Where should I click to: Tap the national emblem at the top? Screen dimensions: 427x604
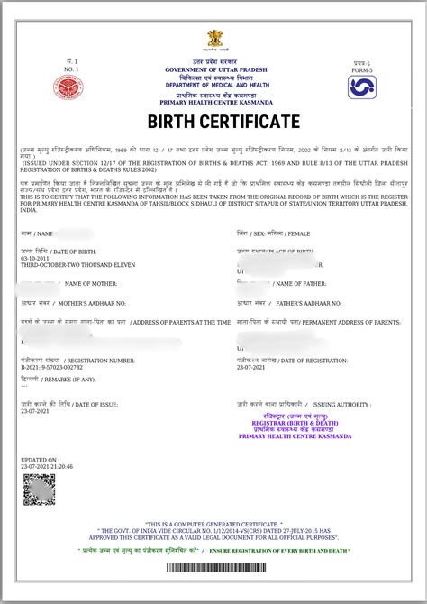pyautogui.click(x=214, y=39)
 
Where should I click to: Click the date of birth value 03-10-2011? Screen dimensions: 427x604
pyautogui.click(x=38, y=257)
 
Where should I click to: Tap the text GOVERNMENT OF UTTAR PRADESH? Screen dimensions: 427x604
pyautogui.click(x=214, y=69)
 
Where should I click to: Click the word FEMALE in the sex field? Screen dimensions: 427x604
pyautogui.click(x=297, y=233)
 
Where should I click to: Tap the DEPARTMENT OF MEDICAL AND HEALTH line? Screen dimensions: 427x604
pyautogui.click(x=214, y=85)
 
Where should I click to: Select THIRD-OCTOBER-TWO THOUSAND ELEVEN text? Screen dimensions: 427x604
pyautogui.click(x=68, y=264)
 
